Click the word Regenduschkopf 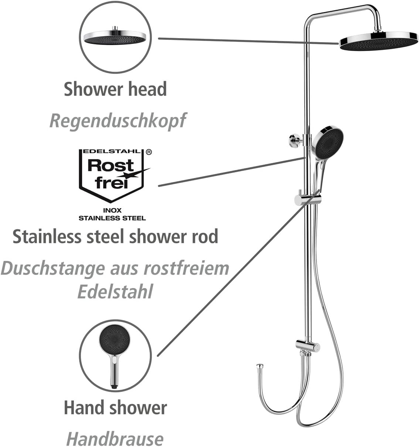[118, 121]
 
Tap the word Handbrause [115, 438]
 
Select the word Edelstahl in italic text [115, 291]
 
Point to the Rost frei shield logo [111, 176]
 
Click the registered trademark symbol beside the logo [149, 152]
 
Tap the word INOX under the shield [112, 210]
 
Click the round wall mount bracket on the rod [294, 140]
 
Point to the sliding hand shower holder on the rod [308, 199]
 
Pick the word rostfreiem [186, 268]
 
